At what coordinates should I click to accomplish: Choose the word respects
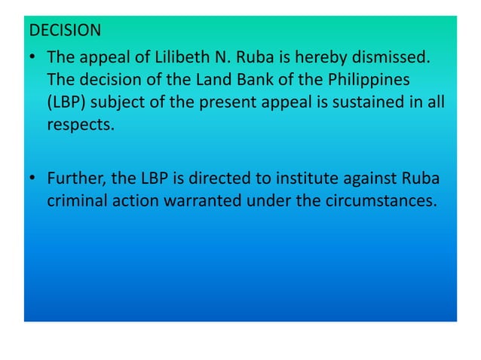point(80,124)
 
